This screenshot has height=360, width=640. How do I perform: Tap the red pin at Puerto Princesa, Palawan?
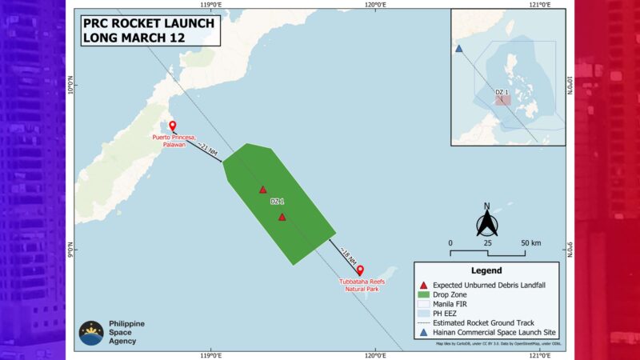pos(172,126)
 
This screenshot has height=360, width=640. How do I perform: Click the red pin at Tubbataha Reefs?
pos(360,270)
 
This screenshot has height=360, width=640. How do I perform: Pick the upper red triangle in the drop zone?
pos(262,190)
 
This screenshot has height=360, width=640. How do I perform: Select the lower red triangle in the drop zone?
pos(282,217)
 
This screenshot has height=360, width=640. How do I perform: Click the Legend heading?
pos(486,270)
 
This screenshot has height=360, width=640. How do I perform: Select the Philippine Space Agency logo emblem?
pos(90,333)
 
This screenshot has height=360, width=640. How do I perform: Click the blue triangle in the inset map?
pos(458,49)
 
